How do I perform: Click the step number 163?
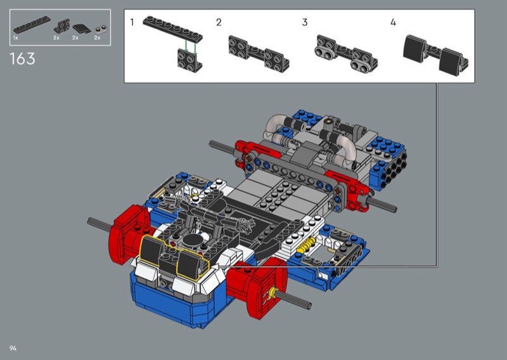pyautogui.click(x=22, y=59)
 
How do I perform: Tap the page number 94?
pyautogui.click(x=13, y=349)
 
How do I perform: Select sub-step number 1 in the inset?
pyautogui.click(x=132, y=22)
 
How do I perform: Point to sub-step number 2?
pyautogui.click(x=219, y=22)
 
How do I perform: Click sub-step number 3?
pyautogui.click(x=305, y=22)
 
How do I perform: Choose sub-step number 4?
pyautogui.click(x=393, y=22)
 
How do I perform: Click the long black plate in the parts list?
pyautogui.click(x=32, y=24)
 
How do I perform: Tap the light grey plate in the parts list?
pyautogui.click(x=101, y=29)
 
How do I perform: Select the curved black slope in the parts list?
pyautogui.click(x=81, y=29)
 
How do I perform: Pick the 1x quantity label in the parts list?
pyautogui.click(x=15, y=38)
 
